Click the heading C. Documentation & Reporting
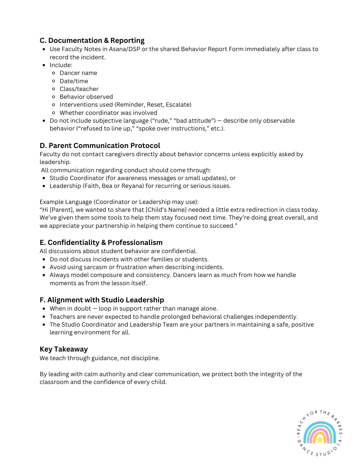[92, 40]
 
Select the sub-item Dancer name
[78, 73]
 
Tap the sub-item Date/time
[74, 81]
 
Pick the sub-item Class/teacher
[79, 89]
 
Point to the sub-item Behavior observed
[86, 97]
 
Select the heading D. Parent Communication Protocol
[100, 145]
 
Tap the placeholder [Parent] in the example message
[62, 210]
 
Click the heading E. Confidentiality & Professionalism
[101, 242]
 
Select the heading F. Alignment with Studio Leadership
[102, 300]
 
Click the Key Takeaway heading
[64, 349]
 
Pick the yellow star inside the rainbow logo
[319, 440]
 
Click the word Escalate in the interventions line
[178, 105]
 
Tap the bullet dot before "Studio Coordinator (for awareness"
[44, 178]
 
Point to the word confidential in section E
[181, 251]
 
